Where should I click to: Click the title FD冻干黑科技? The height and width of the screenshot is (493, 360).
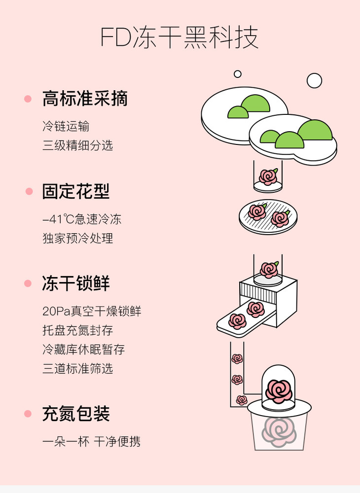point(180,37)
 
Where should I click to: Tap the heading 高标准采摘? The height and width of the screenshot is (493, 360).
point(85,99)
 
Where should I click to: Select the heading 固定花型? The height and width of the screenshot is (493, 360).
point(76,191)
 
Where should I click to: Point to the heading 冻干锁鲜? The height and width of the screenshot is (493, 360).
point(76,284)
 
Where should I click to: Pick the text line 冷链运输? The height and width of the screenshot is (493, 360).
point(66,126)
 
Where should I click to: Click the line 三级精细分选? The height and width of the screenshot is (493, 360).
point(77,145)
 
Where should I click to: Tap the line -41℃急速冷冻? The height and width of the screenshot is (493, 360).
point(82,219)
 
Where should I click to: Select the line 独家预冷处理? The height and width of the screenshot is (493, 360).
point(77,238)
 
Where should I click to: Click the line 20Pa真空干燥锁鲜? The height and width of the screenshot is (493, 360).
point(92,312)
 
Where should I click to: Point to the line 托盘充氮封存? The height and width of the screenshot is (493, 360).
point(77,330)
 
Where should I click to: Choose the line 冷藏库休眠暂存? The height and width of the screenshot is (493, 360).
point(83,350)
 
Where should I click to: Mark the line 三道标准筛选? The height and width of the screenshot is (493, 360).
point(77,368)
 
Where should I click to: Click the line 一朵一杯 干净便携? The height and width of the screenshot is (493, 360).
point(91,442)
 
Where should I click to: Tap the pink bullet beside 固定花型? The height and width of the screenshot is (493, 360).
point(29,191)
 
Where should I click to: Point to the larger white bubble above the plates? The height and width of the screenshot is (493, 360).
point(314,80)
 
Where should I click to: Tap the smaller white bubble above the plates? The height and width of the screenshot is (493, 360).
point(238,74)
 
